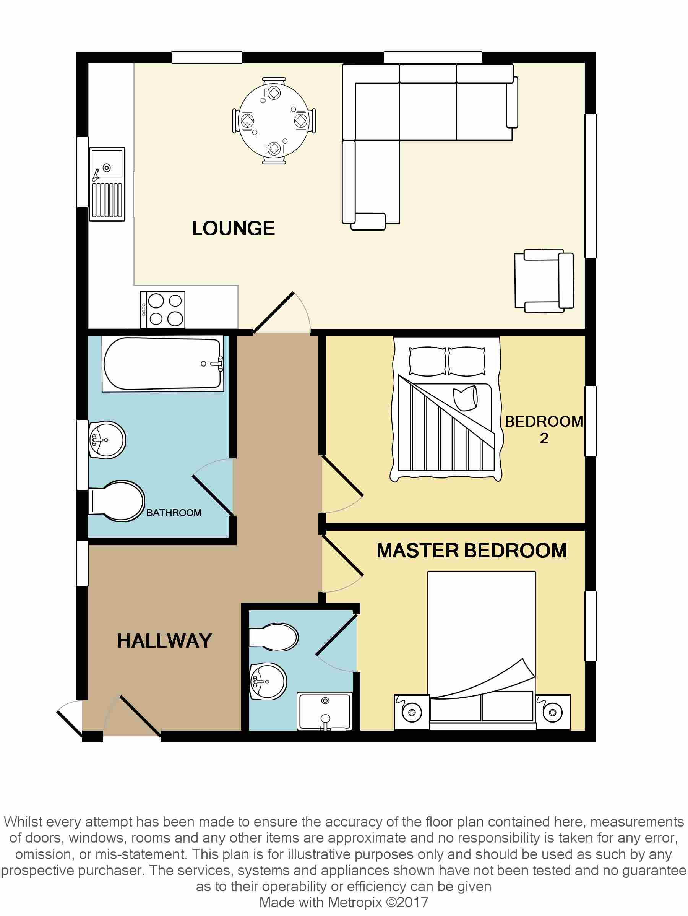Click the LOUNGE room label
point(233,228)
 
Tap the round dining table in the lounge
point(274,120)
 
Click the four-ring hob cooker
point(163,310)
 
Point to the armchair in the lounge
point(544,281)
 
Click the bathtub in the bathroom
point(162,364)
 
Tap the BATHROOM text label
point(174,513)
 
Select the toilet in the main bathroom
point(117,501)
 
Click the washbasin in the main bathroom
point(107,439)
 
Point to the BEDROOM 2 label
point(544,429)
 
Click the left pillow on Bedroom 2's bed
point(427,361)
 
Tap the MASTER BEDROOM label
point(472,551)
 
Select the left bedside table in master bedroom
point(412,712)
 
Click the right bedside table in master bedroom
point(553,712)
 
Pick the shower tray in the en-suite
point(325,711)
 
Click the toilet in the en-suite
point(274,637)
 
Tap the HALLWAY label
point(164,641)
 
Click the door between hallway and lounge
point(273,313)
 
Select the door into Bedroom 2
point(342,476)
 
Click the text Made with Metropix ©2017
point(344,902)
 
